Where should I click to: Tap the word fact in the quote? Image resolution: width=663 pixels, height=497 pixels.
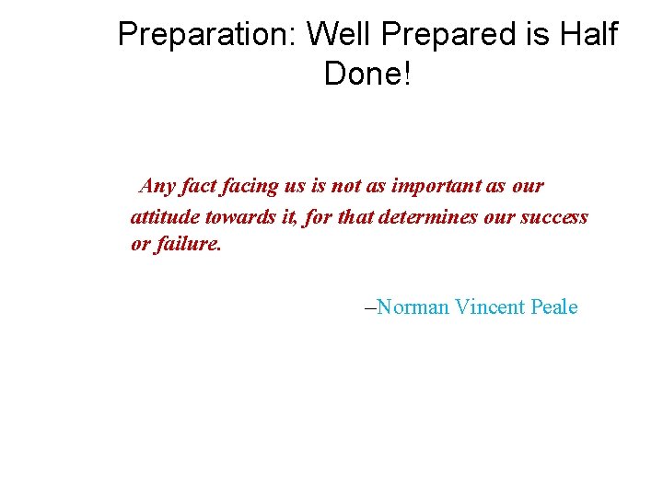click(x=198, y=186)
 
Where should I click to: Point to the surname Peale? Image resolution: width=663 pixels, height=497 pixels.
click(x=554, y=307)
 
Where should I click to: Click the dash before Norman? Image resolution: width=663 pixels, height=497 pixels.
click(x=371, y=307)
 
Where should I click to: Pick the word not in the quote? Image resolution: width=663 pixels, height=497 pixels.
click(x=346, y=186)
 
